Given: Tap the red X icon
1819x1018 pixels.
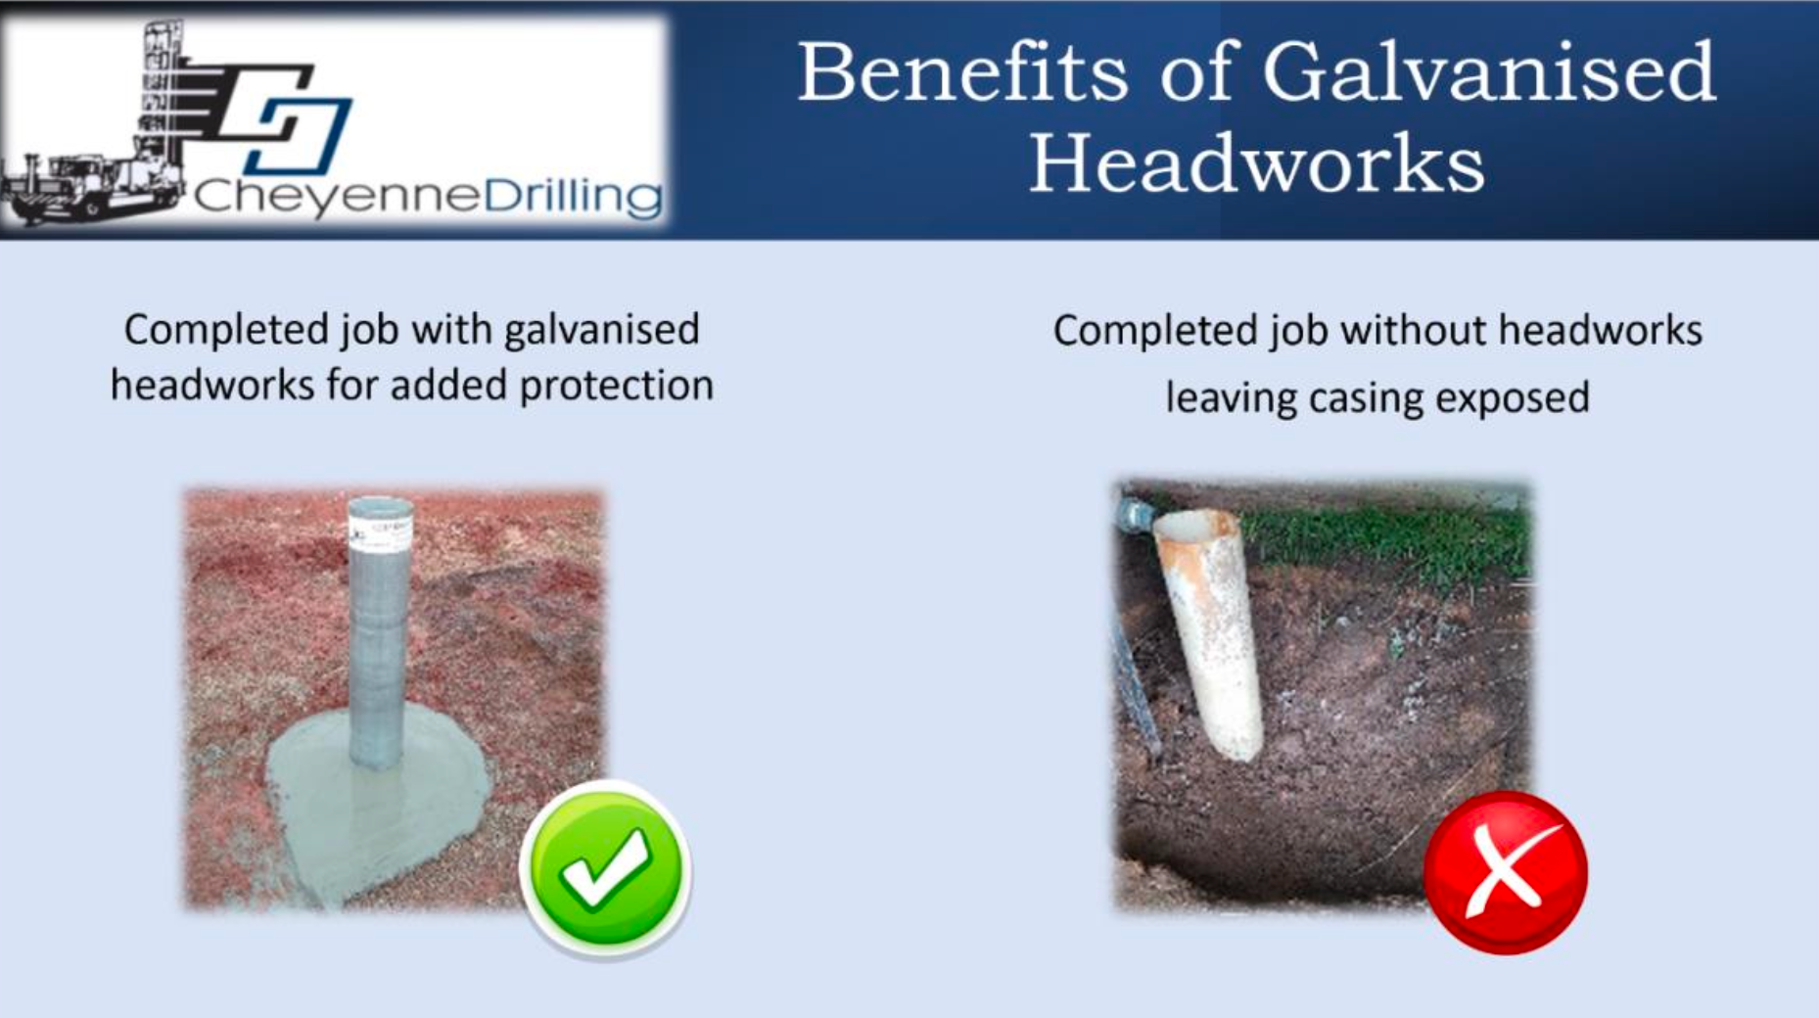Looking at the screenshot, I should coord(1505,872).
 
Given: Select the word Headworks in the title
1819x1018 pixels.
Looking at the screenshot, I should coord(1256,162).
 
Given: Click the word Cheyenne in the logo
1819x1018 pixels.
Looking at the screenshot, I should coord(337,196).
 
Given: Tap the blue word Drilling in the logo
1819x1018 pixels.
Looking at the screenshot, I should coord(574,196).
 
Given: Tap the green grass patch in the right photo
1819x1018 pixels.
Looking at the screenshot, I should coord(1390,543).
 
